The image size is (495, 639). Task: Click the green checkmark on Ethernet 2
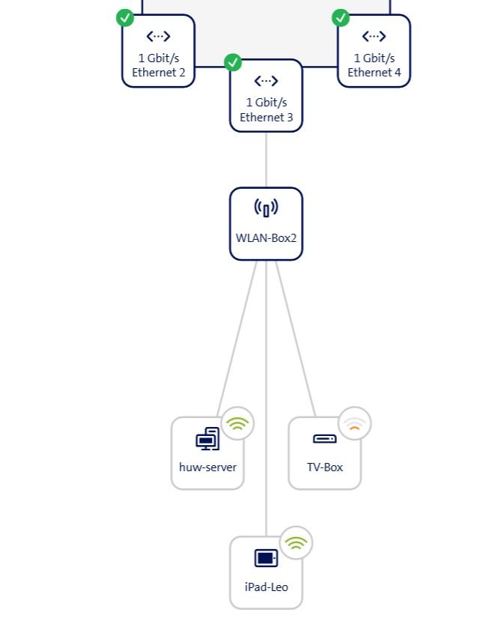[126, 18]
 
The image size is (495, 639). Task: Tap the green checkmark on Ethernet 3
[233, 62]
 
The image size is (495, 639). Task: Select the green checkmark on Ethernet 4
[341, 17]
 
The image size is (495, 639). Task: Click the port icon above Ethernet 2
[158, 36]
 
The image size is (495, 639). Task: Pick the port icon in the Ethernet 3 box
[266, 81]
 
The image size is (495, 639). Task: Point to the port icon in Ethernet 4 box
[374, 36]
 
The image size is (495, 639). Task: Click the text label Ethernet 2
[158, 73]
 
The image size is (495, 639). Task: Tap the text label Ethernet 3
[266, 118]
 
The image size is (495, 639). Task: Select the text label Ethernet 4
[374, 73]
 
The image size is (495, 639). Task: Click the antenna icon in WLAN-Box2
[266, 208]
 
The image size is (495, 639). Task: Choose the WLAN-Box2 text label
[266, 238]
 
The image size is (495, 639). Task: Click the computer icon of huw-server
[207, 439]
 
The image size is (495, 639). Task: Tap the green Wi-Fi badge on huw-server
[237, 424]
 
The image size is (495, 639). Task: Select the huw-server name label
[207, 467]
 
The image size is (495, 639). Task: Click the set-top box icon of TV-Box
[324, 439]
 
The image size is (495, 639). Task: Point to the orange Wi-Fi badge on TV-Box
[354, 424]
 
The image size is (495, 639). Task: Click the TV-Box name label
[324, 467]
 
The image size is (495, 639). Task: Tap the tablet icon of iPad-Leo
[266, 558]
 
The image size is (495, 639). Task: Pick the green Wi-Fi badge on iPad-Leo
[296, 543]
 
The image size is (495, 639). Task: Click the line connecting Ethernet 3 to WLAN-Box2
[266, 160]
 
